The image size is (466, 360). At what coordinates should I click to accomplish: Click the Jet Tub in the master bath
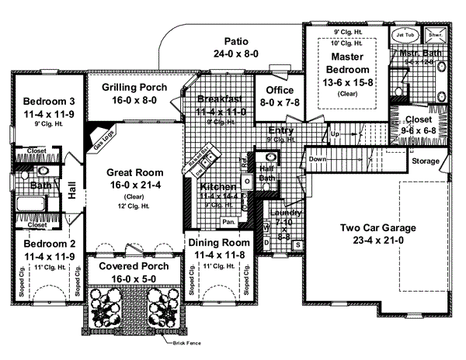[406, 35]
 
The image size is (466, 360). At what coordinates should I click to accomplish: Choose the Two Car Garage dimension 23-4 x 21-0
[379, 241]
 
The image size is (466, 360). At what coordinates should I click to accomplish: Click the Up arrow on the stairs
[336, 134]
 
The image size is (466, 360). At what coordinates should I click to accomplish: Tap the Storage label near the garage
[425, 161]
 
